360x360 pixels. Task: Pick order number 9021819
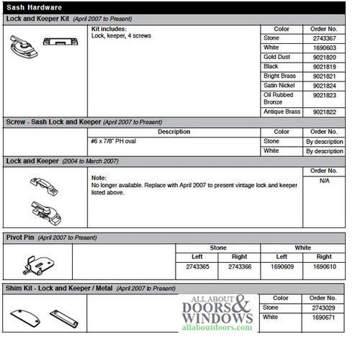coord(324,66)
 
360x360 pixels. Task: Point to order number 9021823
coord(324,94)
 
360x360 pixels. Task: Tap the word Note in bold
coord(99,177)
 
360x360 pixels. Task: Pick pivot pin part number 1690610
coord(324,266)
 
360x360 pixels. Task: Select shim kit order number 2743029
coord(324,307)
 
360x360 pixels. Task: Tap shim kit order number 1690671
coord(324,317)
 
